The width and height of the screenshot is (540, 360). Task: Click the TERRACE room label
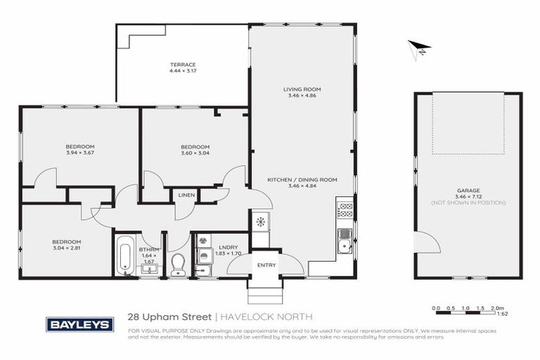tap(182, 65)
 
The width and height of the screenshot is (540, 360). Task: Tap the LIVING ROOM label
tap(302, 89)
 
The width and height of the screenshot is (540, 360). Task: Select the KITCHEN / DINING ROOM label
tap(302, 180)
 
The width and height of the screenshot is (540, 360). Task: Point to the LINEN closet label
tap(186, 195)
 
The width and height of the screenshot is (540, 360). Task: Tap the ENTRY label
tap(266, 265)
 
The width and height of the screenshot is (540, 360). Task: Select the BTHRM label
tap(148, 250)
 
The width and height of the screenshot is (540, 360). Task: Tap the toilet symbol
tap(178, 264)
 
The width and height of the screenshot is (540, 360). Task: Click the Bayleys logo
tap(79, 324)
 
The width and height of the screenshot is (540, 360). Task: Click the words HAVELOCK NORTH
tap(268, 317)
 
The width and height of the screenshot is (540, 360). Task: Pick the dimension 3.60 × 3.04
tap(195, 153)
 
